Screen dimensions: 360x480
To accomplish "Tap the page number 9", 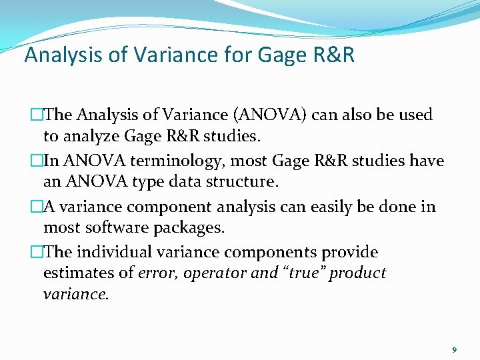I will (x=455, y=349).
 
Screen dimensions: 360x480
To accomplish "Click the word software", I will (x=119, y=228).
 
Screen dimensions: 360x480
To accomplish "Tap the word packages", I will (x=192, y=228).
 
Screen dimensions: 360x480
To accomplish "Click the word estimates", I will (x=74, y=274).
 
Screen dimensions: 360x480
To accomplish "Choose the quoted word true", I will (x=304, y=274).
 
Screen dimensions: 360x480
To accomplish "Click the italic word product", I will (x=358, y=274).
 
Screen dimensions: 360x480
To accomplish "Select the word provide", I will (x=350, y=253).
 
